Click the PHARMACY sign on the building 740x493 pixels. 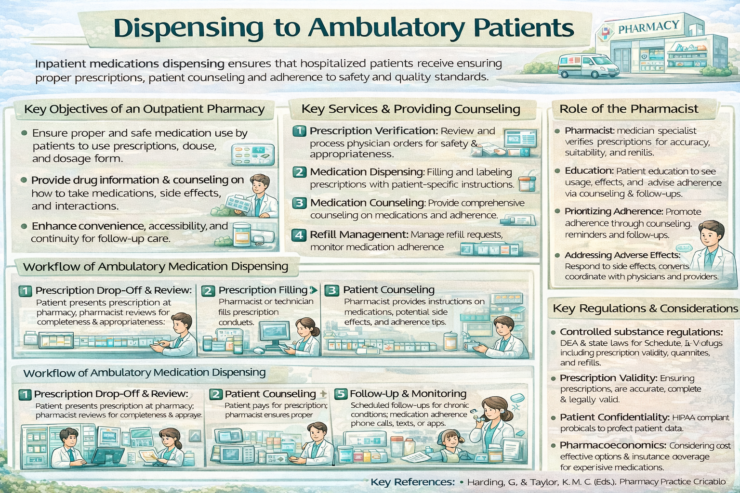click(x=648, y=27)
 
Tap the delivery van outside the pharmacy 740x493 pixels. click(x=588, y=66)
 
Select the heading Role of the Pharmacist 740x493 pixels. click(x=628, y=109)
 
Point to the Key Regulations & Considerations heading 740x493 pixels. click(x=645, y=308)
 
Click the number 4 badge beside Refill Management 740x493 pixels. click(x=299, y=235)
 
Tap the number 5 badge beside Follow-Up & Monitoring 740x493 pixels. click(x=341, y=394)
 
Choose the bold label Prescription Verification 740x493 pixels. click(x=373, y=130)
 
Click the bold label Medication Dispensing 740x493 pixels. click(x=367, y=172)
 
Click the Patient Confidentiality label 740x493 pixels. click(x=614, y=417)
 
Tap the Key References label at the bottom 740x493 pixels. click(x=412, y=482)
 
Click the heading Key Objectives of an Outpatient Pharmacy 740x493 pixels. click(x=144, y=109)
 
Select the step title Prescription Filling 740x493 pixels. click(x=263, y=290)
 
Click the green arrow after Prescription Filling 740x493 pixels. click(x=314, y=290)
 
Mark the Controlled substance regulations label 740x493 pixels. click(x=641, y=332)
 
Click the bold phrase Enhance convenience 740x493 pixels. click(x=88, y=226)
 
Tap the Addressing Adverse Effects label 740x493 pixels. click(x=622, y=255)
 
